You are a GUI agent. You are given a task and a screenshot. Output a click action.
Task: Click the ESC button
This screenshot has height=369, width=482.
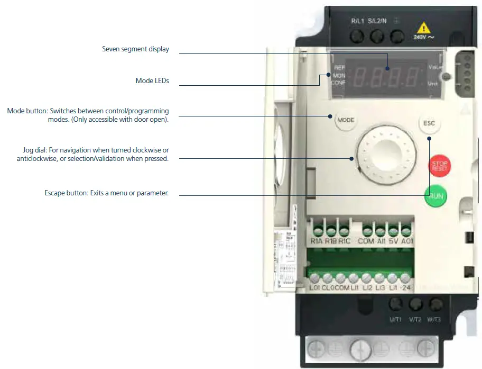[429, 123]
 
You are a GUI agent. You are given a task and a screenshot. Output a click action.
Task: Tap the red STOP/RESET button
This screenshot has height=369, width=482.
[439, 166]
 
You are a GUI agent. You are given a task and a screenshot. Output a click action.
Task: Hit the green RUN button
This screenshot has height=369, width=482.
[435, 196]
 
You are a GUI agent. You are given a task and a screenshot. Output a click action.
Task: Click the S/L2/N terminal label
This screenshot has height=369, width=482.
[377, 21]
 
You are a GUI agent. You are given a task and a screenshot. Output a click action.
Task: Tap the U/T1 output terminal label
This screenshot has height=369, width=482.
[395, 319]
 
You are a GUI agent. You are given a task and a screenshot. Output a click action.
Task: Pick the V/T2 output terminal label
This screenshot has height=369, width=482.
[414, 319]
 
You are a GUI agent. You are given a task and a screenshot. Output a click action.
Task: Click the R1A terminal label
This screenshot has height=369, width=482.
[317, 241]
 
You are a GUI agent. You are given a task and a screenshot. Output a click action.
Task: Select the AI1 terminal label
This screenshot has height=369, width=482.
[381, 241]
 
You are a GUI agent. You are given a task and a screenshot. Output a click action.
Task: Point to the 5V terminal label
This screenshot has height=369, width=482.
[393, 241]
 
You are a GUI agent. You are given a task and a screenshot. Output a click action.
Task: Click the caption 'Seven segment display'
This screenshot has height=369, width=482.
[135, 49]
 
